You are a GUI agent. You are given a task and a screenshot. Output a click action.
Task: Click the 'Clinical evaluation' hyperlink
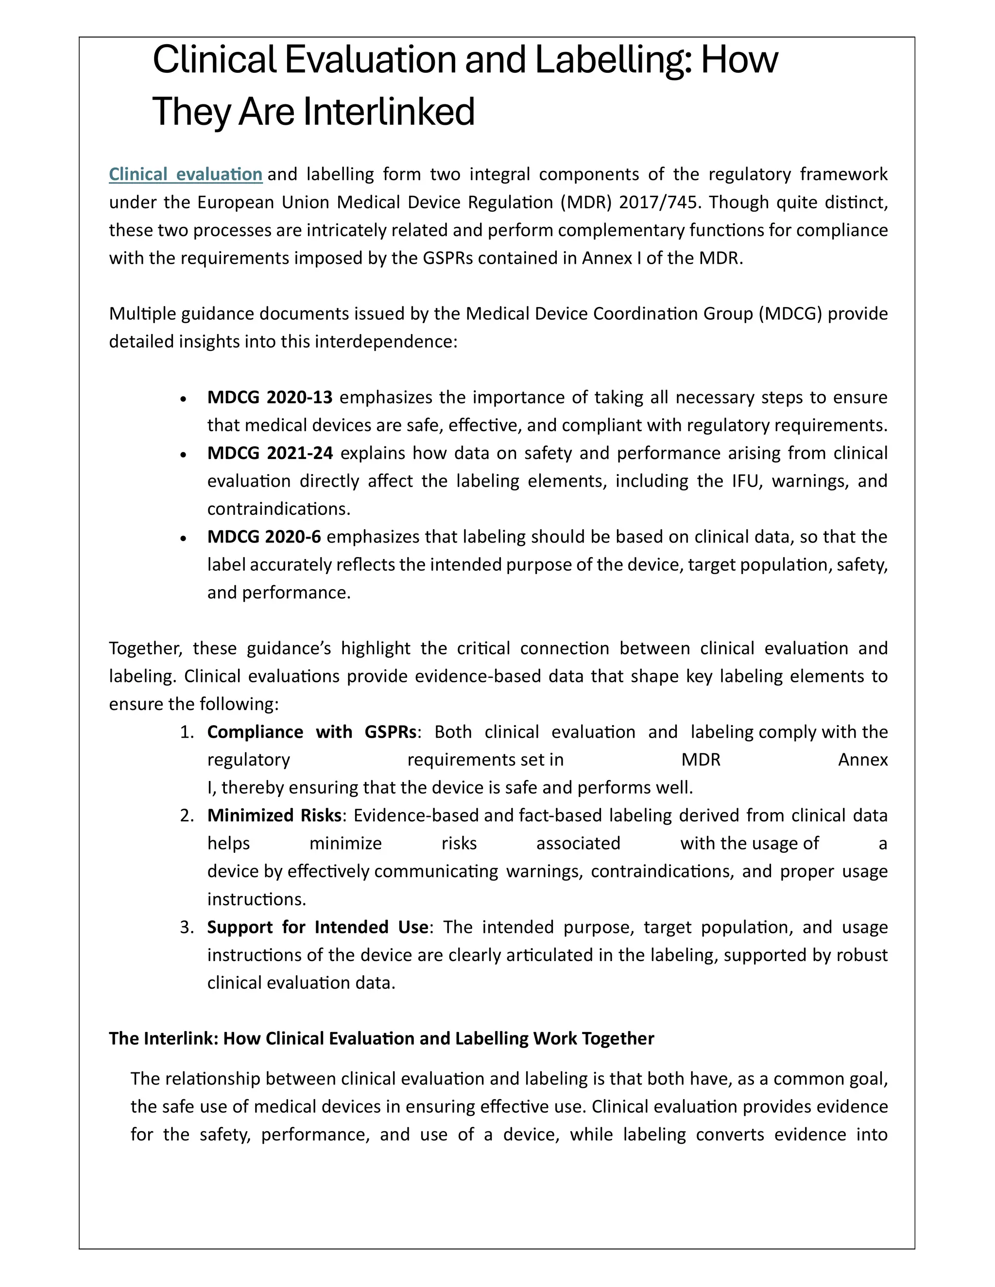186,174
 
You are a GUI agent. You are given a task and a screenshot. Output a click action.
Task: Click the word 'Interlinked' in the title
389,112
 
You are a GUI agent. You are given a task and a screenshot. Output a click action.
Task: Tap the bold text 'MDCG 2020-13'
269,397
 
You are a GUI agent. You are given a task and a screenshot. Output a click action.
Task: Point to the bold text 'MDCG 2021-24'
269,453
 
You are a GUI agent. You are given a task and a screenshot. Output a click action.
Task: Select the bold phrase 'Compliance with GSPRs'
312,732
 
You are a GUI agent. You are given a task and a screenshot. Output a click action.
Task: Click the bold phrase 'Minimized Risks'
274,815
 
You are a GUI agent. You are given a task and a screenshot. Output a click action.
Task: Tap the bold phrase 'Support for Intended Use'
317,927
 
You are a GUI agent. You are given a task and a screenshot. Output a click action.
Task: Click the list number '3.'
187,927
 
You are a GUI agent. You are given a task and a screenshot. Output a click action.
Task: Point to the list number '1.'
187,732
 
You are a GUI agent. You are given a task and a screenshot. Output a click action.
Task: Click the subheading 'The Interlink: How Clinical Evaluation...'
381,1038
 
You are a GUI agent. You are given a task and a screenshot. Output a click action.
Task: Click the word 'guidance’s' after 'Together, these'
288,648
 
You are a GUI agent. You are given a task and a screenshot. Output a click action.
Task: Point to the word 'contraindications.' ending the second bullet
279,508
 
